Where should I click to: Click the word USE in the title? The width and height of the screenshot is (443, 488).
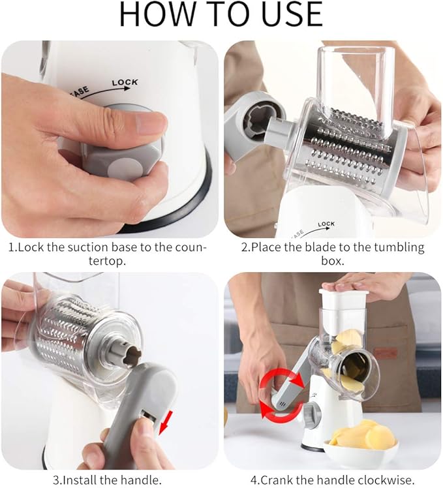286,14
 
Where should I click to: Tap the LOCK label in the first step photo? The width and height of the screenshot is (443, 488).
125,83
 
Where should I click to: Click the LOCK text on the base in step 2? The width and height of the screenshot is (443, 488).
326,224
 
